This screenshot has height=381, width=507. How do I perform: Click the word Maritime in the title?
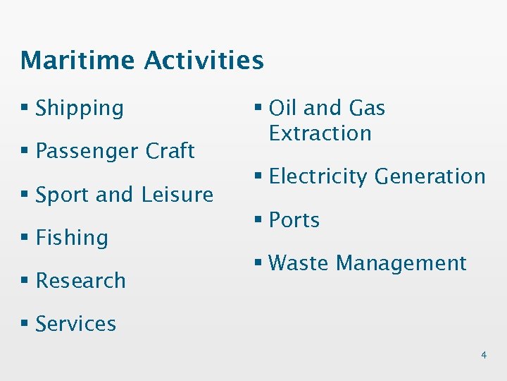78,61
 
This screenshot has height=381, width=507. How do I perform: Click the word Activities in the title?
204,61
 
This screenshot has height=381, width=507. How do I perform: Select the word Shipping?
80,109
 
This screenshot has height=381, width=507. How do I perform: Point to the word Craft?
170,151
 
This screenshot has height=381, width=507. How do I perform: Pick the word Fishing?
72,238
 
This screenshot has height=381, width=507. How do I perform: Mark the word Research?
80,281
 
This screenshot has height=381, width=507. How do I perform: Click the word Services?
75,324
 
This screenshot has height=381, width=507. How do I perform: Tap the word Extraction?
320,133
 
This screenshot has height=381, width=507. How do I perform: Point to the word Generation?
430,177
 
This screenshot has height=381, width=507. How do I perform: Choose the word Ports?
294,220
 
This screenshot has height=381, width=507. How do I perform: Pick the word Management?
401,264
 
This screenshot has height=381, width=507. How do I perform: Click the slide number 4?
483,355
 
